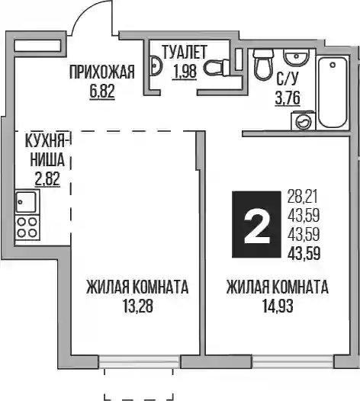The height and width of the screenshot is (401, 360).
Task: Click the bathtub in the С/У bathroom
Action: pyautogui.click(x=333, y=92)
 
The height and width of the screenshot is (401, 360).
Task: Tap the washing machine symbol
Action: pyautogui.click(x=304, y=120)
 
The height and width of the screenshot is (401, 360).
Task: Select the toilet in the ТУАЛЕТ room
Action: pyautogui.click(x=217, y=67)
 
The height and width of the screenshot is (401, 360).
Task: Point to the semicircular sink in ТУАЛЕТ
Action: pyautogui.click(x=156, y=66)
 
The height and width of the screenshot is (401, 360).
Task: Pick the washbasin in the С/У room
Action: pyautogui.click(x=296, y=57)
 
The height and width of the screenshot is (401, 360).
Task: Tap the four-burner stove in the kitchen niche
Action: pyautogui.click(x=27, y=227)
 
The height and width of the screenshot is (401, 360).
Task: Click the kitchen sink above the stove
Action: pyautogui.click(x=26, y=202)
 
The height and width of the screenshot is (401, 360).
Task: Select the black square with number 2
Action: pyautogui.click(x=256, y=224)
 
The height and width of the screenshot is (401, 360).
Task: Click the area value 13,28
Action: pyautogui.click(x=138, y=306)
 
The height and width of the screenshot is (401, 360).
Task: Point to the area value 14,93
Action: pyautogui.click(x=278, y=306)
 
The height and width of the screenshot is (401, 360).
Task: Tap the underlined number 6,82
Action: pyautogui.click(x=102, y=91)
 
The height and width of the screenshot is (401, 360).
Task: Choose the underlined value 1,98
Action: pyautogui.click(x=185, y=72)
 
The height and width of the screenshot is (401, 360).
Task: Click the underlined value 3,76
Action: pyautogui.click(x=288, y=98)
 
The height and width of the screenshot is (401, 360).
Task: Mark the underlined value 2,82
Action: pyautogui.click(x=47, y=178)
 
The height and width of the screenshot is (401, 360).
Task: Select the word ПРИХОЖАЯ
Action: pyautogui.click(x=102, y=72)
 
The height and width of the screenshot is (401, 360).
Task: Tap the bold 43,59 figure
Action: pyautogui.click(x=304, y=254)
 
